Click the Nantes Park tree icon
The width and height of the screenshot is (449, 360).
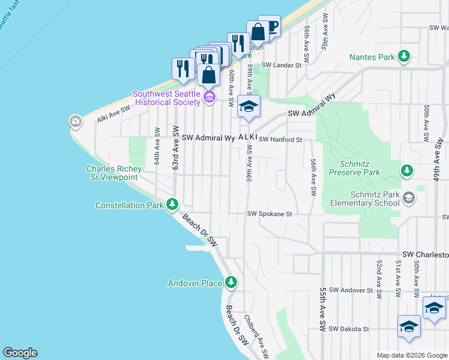click(405, 57)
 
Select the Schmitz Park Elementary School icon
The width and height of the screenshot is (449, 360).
click(408, 197)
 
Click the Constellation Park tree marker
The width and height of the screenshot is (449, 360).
click(172, 205)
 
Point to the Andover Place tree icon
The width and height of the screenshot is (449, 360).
click(231, 283)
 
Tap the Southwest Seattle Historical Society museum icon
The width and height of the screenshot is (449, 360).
click(209, 97)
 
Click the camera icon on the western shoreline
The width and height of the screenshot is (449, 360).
click(75, 122)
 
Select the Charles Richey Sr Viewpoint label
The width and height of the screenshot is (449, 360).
click(112, 173)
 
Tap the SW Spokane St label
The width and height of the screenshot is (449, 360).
click(270, 214)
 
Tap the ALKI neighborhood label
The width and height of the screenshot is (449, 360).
click(247, 137)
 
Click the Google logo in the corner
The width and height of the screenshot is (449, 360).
click(20, 353)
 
